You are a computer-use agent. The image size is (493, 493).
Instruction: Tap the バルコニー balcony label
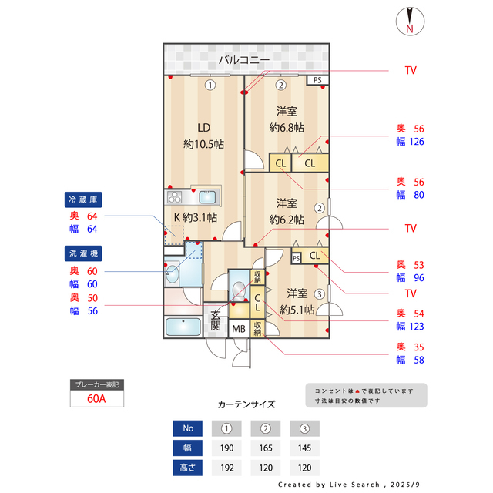pos(243,59)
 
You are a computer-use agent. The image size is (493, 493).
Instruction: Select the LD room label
pos(203,128)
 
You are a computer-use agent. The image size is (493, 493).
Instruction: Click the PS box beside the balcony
pos(317,79)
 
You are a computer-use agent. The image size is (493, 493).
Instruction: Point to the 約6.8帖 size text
pos(287,128)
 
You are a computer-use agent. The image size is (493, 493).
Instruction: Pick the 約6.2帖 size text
pos(287,220)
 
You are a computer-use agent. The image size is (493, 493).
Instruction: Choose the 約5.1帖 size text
pos(297,310)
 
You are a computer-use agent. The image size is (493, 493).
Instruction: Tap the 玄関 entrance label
pos(216,320)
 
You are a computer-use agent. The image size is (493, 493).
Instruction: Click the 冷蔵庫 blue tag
pos(83,200)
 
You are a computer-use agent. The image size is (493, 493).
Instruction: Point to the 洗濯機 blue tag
pos(83,253)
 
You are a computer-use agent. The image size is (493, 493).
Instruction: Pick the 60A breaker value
pos(97,399)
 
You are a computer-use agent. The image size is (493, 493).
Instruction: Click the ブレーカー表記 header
pos(97,384)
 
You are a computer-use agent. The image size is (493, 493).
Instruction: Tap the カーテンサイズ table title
pos(246,404)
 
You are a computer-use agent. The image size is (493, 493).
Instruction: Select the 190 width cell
pos(226,448)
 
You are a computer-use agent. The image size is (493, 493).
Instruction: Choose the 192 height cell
pos(226,467)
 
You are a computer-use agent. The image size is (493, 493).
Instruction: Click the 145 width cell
pos(304,448)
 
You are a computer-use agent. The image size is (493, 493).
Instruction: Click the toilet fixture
pos(238,291)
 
